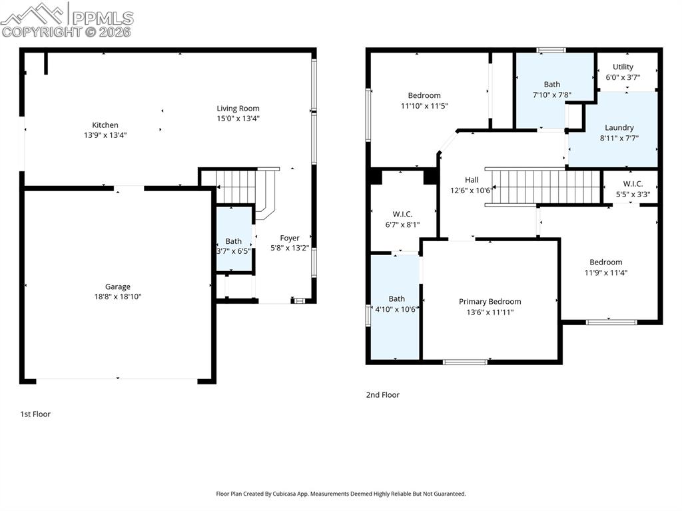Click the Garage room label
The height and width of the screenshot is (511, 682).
click(117, 286)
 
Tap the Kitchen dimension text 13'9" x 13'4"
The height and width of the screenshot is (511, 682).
click(105, 135)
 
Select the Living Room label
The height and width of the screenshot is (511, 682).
click(238, 109)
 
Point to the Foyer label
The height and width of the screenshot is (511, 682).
click(290, 238)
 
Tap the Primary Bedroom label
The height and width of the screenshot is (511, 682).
click(490, 302)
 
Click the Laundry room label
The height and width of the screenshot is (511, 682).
click(619, 127)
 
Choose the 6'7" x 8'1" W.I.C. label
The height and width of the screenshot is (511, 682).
click(402, 214)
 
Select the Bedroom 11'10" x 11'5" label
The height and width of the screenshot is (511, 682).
click(424, 95)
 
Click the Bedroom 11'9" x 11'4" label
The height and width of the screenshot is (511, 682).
click(605, 262)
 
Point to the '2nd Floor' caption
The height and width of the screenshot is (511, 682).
click(382, 394)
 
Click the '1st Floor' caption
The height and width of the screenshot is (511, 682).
click(35, 414)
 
